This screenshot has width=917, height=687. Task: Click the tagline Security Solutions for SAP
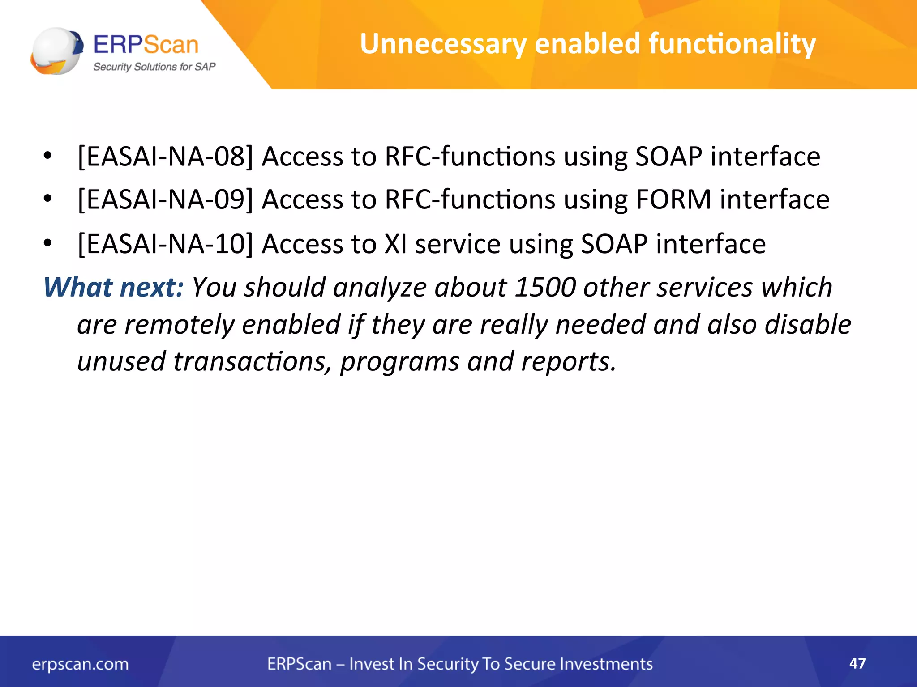click(x=154, y=67)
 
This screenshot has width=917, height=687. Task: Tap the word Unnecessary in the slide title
click(x=443, y=44)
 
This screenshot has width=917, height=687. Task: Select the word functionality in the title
click(x=732, y=44)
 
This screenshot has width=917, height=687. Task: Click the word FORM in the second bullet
click(x=673, y=199)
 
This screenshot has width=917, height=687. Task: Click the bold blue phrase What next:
click(x=113, y=287)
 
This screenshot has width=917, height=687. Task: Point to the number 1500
click(x=545, y=287)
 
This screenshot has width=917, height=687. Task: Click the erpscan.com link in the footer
click(x=80, y=664)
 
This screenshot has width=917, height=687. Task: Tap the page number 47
click(x=857, y=663)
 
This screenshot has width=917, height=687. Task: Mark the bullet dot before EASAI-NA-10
click(x=48, y=243)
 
